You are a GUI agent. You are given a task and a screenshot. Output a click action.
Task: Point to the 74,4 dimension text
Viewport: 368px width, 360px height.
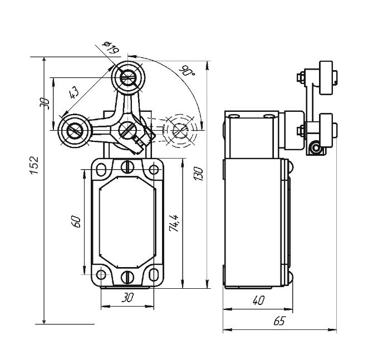(175, 223)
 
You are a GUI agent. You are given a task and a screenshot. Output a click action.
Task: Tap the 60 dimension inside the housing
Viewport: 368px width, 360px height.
(77, 221)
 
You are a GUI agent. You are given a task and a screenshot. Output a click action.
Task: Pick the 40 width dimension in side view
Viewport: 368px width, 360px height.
(258, 300)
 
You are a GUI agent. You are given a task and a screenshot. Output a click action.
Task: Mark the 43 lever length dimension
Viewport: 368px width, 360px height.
(73, 93)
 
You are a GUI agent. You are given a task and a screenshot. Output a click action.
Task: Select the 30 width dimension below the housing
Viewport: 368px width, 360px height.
(128, 298)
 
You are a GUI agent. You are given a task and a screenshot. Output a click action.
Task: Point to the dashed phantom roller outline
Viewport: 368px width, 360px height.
(180, 131)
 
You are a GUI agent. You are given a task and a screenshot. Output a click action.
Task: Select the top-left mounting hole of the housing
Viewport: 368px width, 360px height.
(102, 169)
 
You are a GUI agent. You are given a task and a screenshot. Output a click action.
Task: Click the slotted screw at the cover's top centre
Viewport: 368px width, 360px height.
(127, 166)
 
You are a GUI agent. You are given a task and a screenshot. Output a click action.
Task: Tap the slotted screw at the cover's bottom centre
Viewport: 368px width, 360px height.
(127, 277)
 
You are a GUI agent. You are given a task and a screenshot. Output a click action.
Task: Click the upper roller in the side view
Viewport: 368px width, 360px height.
(325, 76)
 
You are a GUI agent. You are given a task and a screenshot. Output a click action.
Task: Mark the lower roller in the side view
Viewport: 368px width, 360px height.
(325, 129)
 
